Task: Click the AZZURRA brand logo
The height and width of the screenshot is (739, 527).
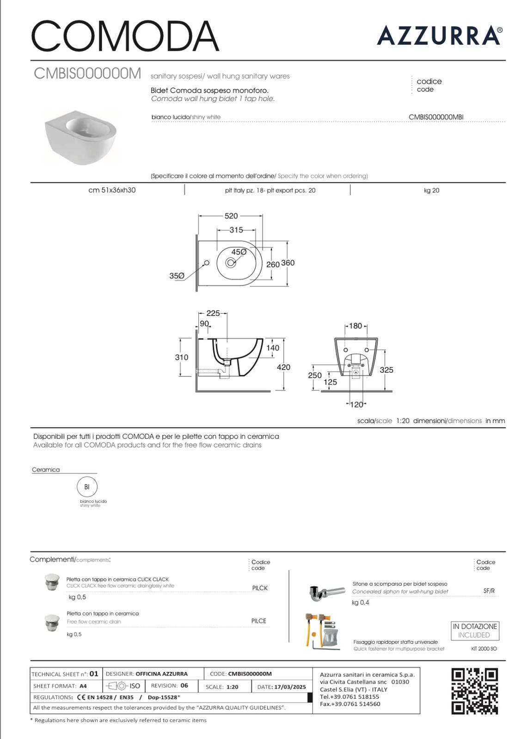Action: click(x=440, y=36)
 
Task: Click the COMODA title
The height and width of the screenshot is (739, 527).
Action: click(x=125, y=36)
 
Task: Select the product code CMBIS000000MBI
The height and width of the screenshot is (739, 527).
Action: click(x=436, y=117)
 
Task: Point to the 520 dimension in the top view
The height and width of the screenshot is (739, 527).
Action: click(x=231, y=216)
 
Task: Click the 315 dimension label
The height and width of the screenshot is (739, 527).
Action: click(x=236, y=230)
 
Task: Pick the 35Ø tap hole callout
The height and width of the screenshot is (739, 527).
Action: click(x=177, y=276)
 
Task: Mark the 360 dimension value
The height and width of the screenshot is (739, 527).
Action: click(x=288, y=263)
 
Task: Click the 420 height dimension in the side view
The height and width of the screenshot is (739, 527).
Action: click(x=284, y=367)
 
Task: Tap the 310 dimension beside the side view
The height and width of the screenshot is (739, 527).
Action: click(x=182, y=357)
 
